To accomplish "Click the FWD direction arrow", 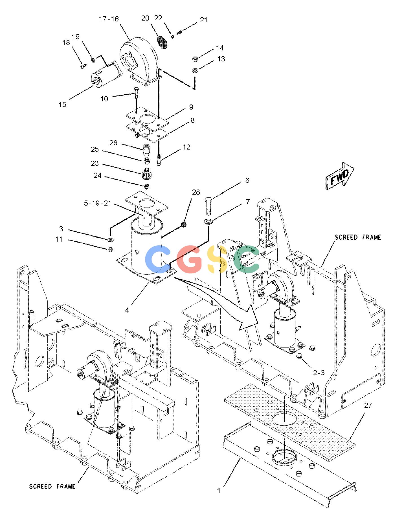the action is click(340, 175).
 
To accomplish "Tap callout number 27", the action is click(368, 405).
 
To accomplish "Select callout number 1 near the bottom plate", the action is click(219, 491).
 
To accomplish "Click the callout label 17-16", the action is click(109, 19).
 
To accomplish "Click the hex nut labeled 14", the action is click(195, 59).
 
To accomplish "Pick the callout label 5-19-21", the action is click(98, 203).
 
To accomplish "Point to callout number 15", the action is click(62, 104).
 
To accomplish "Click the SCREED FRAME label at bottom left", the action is click(52, 486).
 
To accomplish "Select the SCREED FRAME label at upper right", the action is click(358, 237).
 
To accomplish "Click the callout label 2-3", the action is click(319, 373).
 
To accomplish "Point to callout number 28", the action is click(196, 192).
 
